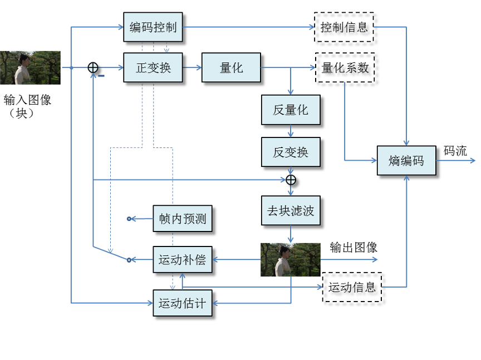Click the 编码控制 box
click(x=153, y=27)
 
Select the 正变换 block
click(x=153, y=68)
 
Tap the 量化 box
click(x=231, y=68)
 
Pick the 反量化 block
click(x=291, y=110)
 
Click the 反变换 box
click(x=291, y=151)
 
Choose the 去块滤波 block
click(x=291, y=211)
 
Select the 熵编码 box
click(x=406, y=160)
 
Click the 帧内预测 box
click(x=182, y=219)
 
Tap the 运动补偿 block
click(x=182, y=259)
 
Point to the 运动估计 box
click(x=182, y=303)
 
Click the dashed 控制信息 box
click(x=344, y=27)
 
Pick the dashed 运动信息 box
click(x=352, y=287)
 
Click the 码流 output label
click(x=455, y=151)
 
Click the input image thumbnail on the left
click(x=22, y=68)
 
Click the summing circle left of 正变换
click(x=93, y=68)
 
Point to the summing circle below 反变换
click(x=291, y=180)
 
